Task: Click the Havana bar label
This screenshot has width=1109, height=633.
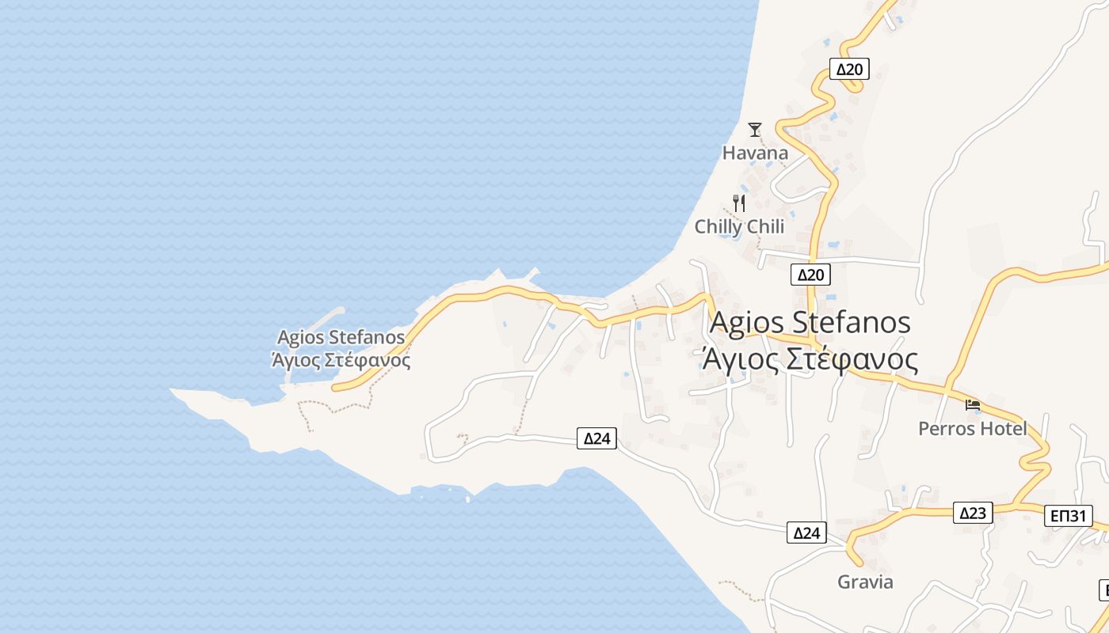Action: pos(755,153)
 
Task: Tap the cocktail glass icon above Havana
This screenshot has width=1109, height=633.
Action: pos(755,129)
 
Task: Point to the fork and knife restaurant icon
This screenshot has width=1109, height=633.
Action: pos(739,203)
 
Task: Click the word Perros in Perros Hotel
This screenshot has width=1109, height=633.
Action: pos(947,429)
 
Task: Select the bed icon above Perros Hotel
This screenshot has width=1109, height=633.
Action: pos(973,405)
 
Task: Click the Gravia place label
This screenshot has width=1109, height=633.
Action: pos(865,582)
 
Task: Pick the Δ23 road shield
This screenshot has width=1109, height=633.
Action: pos(972,513)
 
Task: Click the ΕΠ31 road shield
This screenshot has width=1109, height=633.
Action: pos(1068,516)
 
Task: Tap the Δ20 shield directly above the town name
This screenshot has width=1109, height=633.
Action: pos(810,275)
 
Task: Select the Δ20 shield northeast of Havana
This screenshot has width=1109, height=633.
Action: pos(849,69)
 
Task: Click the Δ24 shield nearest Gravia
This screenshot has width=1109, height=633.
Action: pos(806,533)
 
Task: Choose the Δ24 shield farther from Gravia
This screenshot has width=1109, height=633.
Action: pos(596,438)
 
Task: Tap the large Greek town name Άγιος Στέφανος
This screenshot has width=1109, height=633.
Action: pos(810,360)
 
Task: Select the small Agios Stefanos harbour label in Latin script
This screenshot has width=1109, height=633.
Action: pos(341,338)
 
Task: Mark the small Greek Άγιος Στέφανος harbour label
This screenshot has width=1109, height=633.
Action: pos(341,361)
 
